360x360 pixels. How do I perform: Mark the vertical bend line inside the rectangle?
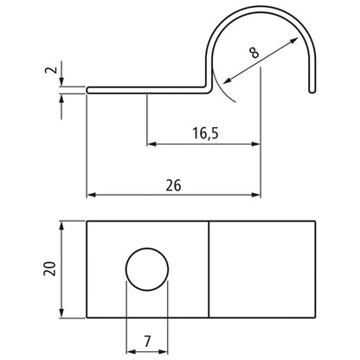point(210,271)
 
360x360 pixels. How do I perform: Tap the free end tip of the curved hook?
point(312,88)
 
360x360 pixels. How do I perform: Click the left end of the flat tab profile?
point(88,87)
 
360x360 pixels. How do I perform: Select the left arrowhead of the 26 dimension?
point(92,196)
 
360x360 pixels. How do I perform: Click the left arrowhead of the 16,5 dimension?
point(152,143)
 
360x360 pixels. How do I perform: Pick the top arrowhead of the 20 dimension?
point(63,226)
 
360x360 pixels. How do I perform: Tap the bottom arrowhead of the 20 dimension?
point(63,315)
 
